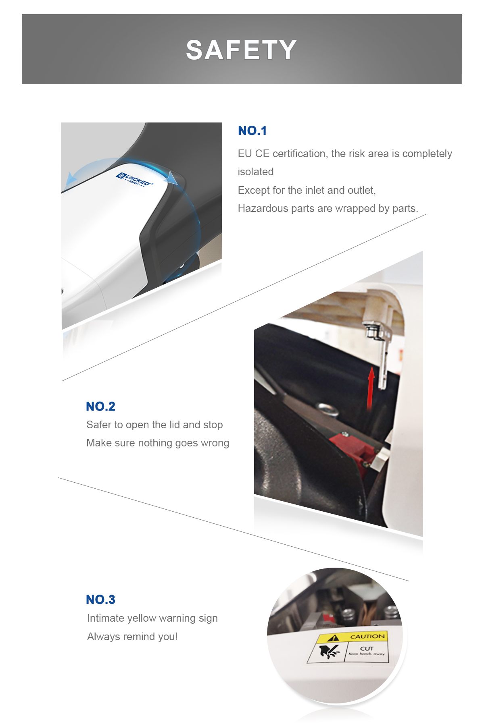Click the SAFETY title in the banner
coord(241,50)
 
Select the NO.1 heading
coord(252,131)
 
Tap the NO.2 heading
coord(100,406)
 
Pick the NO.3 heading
coord(100,599)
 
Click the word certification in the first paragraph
coord(299,153)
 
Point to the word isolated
coord(256,172)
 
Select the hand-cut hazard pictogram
coord(329,651)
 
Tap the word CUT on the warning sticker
coord(367,648)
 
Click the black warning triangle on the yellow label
coord(333,638)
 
